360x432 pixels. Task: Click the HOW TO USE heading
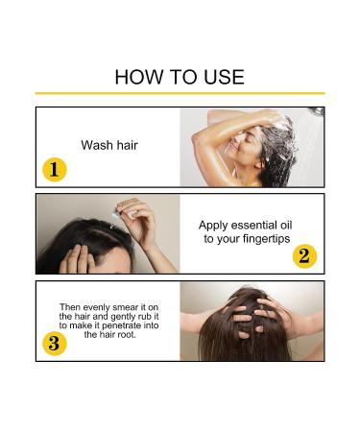[180, 77]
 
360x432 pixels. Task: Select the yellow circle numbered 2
[304, 256]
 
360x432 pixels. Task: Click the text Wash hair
[108, 146]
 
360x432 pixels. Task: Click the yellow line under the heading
[180, 93]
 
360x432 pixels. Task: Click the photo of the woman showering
[252, 147]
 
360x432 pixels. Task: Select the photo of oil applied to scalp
[108, 233]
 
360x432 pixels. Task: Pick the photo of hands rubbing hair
[252, 321]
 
